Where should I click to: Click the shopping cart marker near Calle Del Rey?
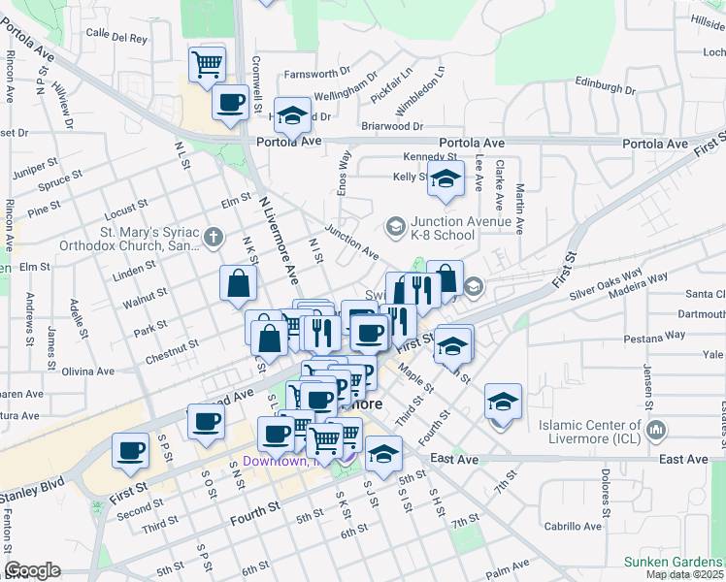tap(207, 64)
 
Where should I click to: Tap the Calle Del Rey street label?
tap(116, 38)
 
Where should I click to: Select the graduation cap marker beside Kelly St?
tap(445, 180)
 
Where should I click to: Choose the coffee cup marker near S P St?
tap(130, 450)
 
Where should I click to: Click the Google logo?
tap(32, 571)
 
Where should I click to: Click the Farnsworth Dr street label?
tap(317, 74)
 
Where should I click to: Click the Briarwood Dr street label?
tap(391, 126)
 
